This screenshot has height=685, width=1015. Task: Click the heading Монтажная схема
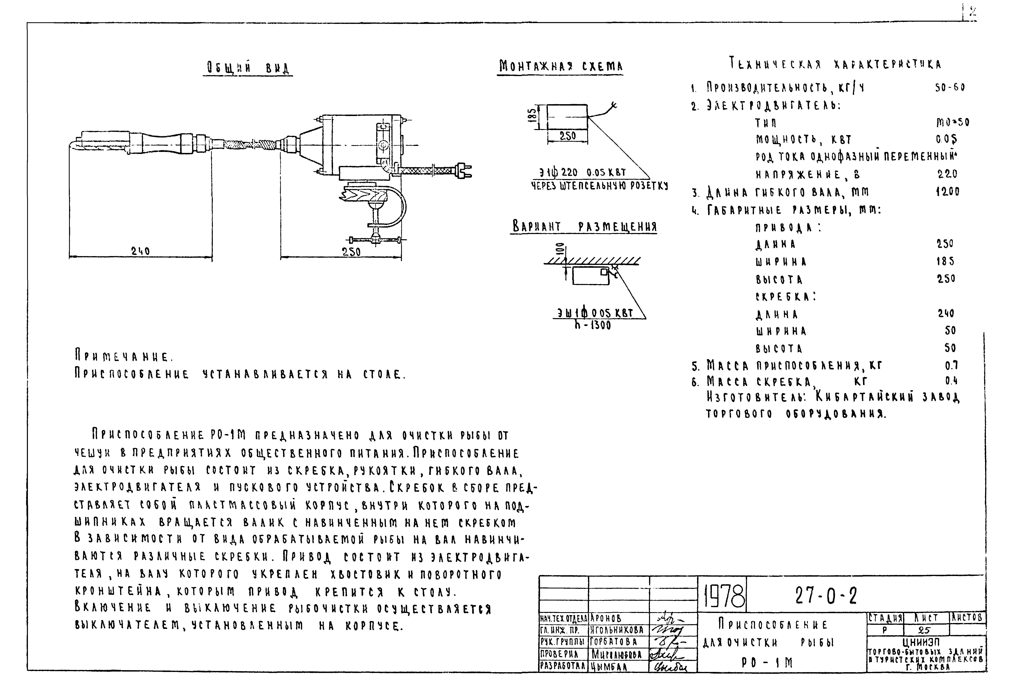560,66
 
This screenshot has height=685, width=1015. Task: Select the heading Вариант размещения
584,227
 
